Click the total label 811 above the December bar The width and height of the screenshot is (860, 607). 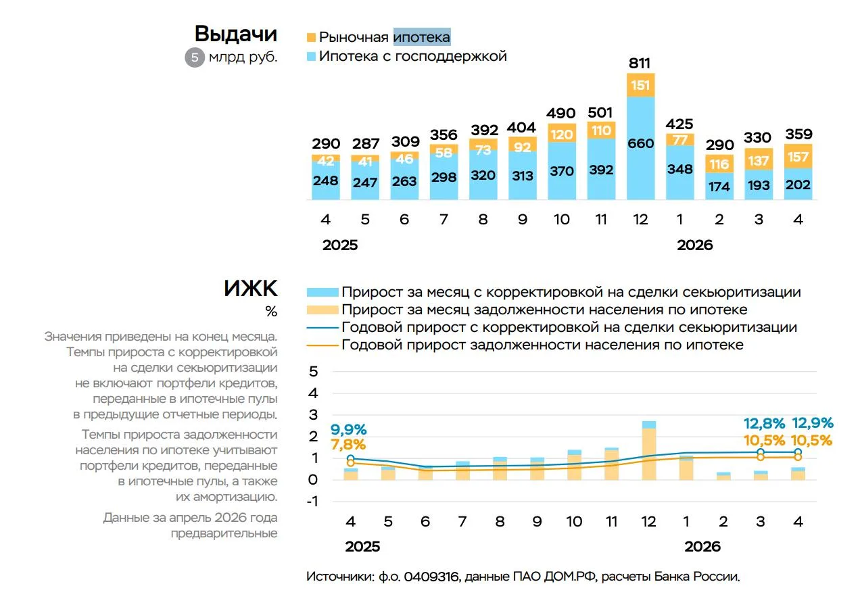(x=640, y=63)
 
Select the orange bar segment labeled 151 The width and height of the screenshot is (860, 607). (x=640, y=85)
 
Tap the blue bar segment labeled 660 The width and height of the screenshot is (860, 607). (x=640, y=148)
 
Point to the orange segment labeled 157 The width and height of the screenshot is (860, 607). (x=798, y=156)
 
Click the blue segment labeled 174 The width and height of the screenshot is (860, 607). (x=719, y=186)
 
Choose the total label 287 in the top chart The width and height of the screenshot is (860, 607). (x=366, y=144)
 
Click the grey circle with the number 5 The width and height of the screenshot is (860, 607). (x=195, y=57)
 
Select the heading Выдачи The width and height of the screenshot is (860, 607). (x=236, y=34)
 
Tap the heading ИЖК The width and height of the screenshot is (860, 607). (x=250, y=289)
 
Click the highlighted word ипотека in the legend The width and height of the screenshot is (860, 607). (x=422, y=37)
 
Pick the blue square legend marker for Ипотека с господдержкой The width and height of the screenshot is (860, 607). (x=311, y=56)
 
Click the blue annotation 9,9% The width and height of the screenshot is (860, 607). (x=348, y=429)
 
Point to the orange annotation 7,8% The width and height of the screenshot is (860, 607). (x=348, y=445)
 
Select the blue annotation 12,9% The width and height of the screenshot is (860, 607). (x=813, y=423)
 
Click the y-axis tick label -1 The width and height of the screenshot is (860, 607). (x=312, y=502)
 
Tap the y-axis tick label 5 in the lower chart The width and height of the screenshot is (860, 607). (x=313, y=371)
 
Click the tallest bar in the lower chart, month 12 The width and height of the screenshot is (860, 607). (x=649, y=450)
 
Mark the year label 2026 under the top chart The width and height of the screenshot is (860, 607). (x=694, y=245)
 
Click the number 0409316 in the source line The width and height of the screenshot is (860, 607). (x=431, y=577)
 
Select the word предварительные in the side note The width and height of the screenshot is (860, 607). (x=224, y=533)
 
